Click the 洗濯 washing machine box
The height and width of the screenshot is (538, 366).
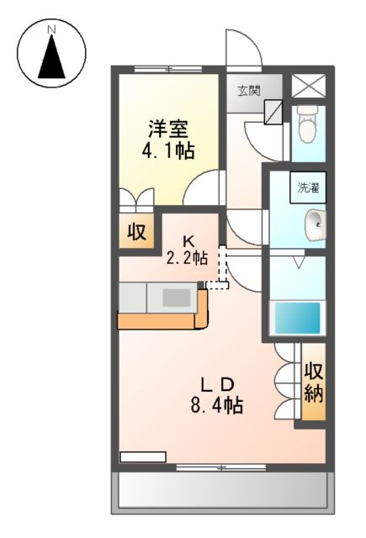(x=309, y=188)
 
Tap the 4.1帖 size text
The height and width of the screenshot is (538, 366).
(x=168, y=151)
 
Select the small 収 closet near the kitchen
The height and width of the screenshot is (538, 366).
(x=136, y=230)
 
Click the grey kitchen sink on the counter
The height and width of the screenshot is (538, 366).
(x=176, y=297)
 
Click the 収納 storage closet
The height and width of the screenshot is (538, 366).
(x=313, y=381)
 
